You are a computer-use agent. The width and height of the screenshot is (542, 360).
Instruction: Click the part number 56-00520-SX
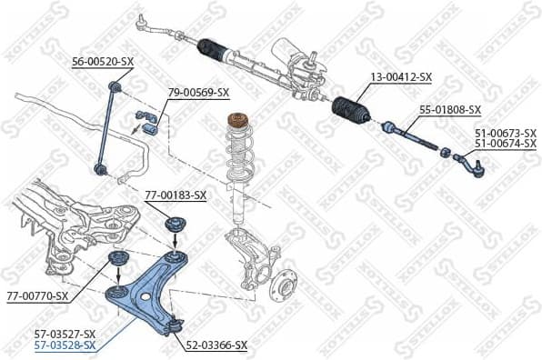click(103, 61)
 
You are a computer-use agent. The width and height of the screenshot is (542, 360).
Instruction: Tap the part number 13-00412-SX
click(401, 78)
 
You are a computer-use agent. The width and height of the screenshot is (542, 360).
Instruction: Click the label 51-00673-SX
click(506, 133)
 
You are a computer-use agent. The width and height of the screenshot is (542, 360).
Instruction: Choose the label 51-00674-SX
click(506, 144)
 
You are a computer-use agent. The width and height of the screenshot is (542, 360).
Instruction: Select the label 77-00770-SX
click(37, 296)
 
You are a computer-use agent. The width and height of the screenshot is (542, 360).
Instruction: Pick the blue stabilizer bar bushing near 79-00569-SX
click(147, 119)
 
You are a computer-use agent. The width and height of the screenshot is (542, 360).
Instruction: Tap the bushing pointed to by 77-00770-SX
click(116, 265)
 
